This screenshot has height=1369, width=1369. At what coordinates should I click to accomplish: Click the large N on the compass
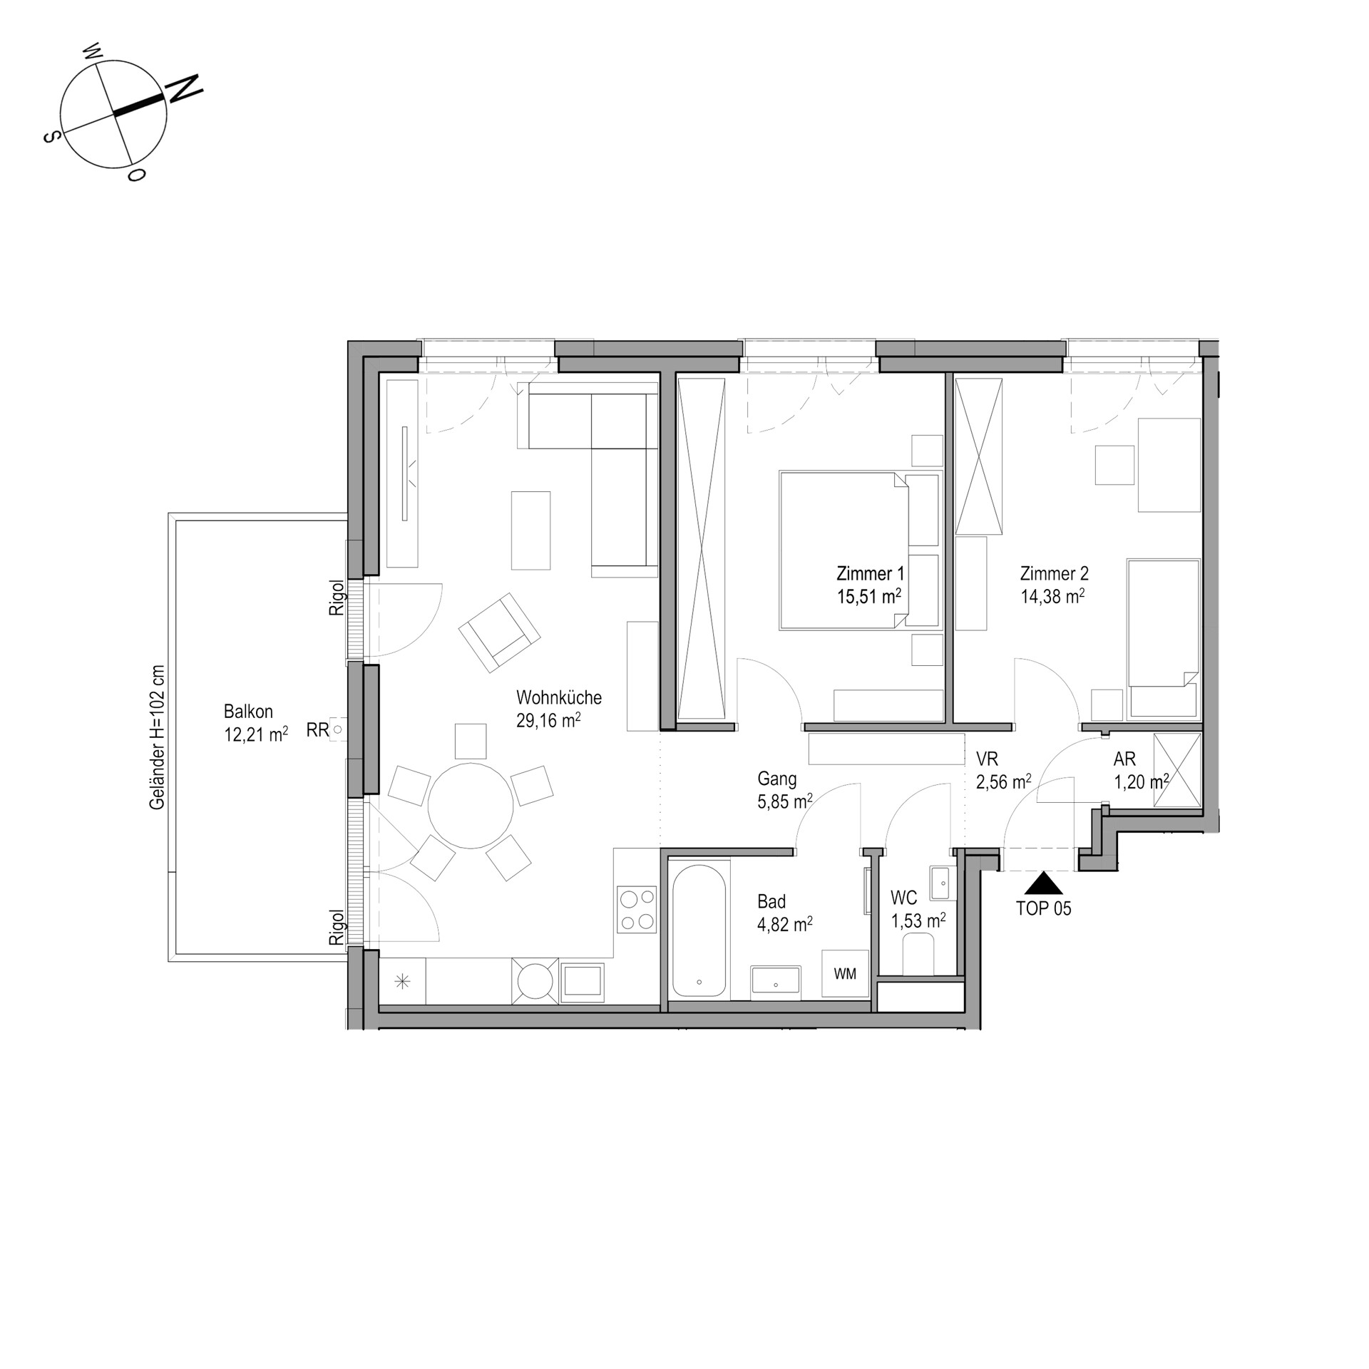[184, 88]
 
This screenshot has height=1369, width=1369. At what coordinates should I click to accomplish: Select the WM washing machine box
[845, 973]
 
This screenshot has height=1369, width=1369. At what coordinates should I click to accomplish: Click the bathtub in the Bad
[699, 932]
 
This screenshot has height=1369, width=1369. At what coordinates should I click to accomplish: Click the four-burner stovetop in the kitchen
[637, 909]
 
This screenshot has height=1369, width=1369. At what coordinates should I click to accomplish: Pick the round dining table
[471, 805]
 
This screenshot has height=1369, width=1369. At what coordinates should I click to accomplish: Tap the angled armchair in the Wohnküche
[499, 632]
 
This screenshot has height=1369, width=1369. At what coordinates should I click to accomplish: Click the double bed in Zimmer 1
[844, 550]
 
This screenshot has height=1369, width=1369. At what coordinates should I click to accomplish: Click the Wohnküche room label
[559, 697]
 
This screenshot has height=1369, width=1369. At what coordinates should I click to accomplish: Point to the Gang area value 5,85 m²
[785, 801]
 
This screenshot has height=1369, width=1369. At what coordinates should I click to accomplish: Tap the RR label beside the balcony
[317, 729]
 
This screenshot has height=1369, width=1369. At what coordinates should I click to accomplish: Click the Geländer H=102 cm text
[158, 737]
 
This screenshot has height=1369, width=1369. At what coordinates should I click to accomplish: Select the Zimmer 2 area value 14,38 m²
[1052, 596]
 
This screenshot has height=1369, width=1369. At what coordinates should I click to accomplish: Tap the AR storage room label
[1124, 759]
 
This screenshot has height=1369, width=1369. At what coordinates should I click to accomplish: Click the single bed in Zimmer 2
[1163, 638]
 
